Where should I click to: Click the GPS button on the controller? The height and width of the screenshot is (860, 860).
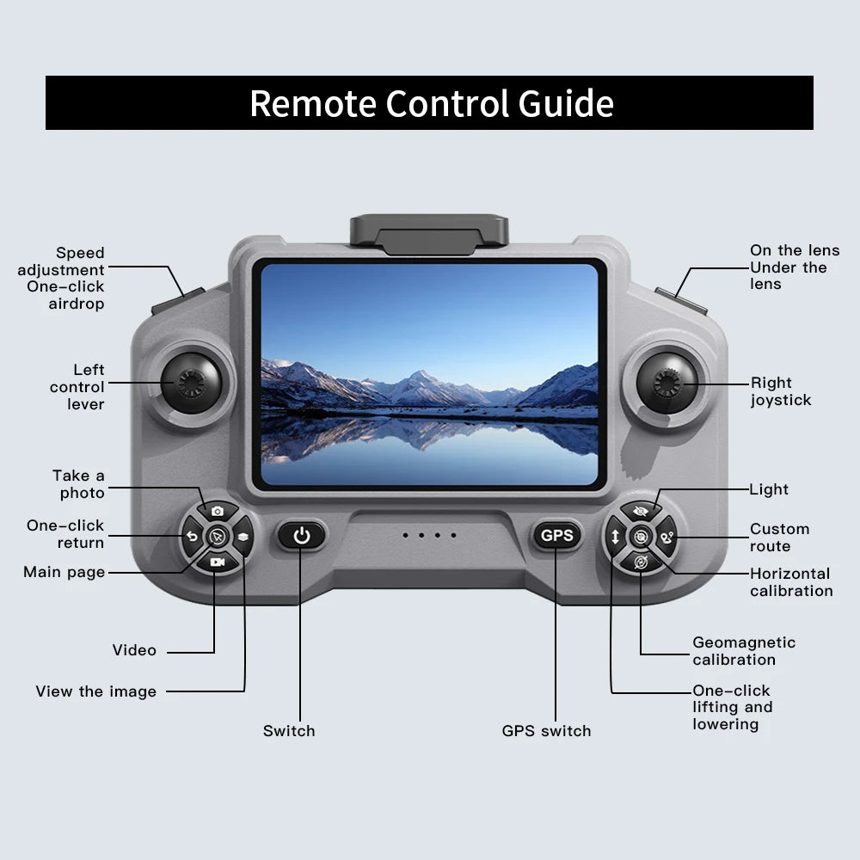pyautogui.click(x=556, y=535)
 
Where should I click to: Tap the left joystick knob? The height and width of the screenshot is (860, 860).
pyautogui.click(x=191, y=383)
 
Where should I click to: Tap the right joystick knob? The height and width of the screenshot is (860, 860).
pyautogui.click(x=667, y=383)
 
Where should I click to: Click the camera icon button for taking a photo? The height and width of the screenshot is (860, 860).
pyautogui.click(x=218, y=511)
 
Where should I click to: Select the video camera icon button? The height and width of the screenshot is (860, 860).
pyautogui.click(x=218, y=562)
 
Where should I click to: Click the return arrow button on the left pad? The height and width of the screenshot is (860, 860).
pyautogui.click(x=192, y=537)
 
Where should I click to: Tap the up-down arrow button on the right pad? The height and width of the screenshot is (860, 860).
pyautogui.click(x=615, y=537)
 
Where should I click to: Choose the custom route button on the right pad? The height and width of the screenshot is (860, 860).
pyautogui.click(x=666, y=537)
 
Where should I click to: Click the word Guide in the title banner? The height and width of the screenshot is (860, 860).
pyautogui.click(x=566, y=103)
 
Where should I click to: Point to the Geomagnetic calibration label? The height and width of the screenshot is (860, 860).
pyautogui.click(x=744, y=651)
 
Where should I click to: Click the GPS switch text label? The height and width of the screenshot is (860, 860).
pyautogui.click(x=546, y=731)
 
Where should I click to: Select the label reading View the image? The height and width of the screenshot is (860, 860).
pyautogui.click(x=96, y=691)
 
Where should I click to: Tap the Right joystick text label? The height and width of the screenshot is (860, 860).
pyautogui.click(x=781, y=391)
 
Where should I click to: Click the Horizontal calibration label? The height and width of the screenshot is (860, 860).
pyautogui.click(x=791, y=582)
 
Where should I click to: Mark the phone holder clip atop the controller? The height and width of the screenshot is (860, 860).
pyautogui.click(x=429, y=235)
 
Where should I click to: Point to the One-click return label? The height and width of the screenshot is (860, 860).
pyautogui.click(x=65, y=534)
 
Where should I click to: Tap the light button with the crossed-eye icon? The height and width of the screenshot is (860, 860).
pyautogui.click(x=641, y=511)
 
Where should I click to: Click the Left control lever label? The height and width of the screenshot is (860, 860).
pyautogui.click(x=77, y=387)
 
